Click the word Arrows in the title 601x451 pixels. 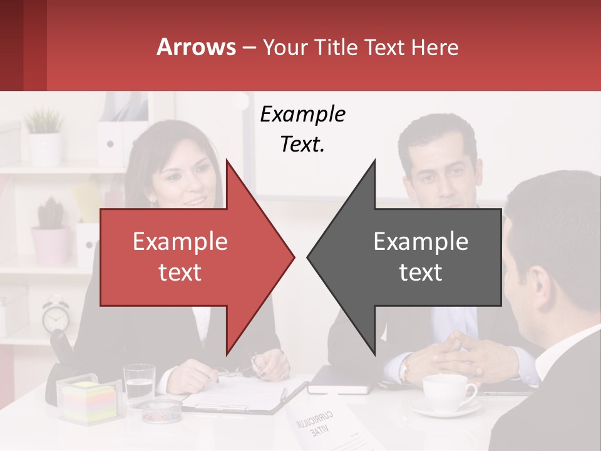coord(197,47)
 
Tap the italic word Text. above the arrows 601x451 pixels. coord(302,145)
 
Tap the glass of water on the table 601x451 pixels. coord(139,383)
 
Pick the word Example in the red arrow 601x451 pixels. coord(180,241)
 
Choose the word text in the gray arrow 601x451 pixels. coord(421,272)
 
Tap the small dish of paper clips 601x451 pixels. coord(160,410)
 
